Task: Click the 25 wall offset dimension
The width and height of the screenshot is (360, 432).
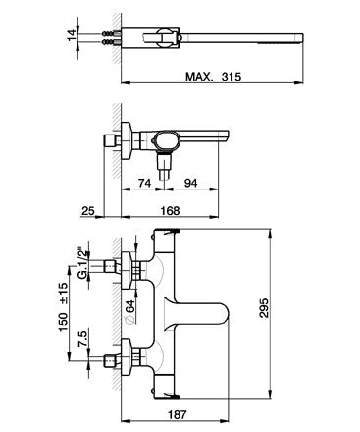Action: [88, 209]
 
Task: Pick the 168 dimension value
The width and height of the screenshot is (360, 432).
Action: [172, 209]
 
